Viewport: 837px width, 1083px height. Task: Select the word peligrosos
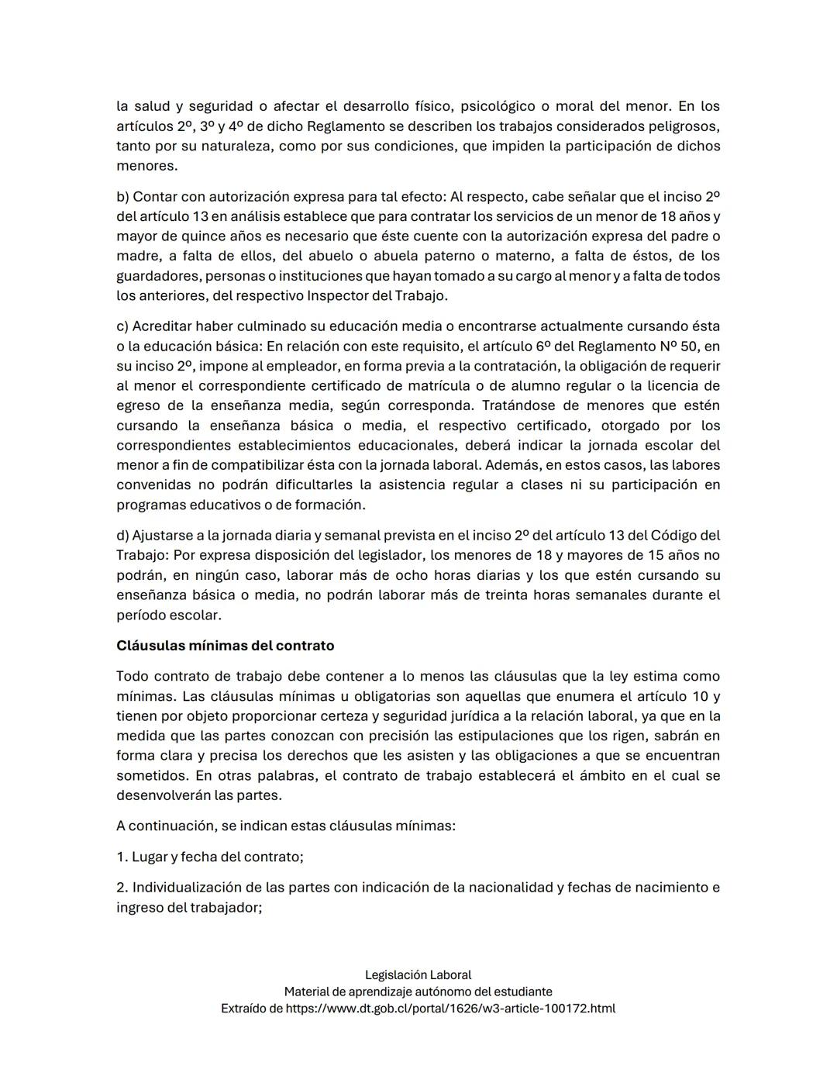[684, 126]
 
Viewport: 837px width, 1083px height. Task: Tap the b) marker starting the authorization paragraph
[122, 196]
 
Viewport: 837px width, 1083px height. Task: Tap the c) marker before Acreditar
[122, 326]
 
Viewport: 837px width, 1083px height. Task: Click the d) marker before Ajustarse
[122, 536]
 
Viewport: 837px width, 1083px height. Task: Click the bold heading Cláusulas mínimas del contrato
[225, 646]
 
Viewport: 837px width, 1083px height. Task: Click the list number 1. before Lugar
[122, 857]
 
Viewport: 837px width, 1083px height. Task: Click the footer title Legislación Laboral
[418, 975]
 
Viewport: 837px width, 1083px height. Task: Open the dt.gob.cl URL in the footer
[450, 1009]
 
